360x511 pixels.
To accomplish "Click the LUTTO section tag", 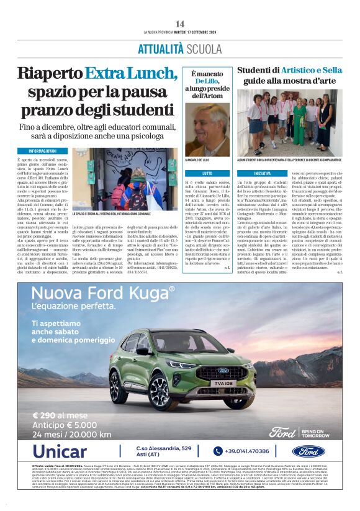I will click(x=207, y=173).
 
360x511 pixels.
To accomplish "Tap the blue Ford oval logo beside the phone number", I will click(x=325, y=451).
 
